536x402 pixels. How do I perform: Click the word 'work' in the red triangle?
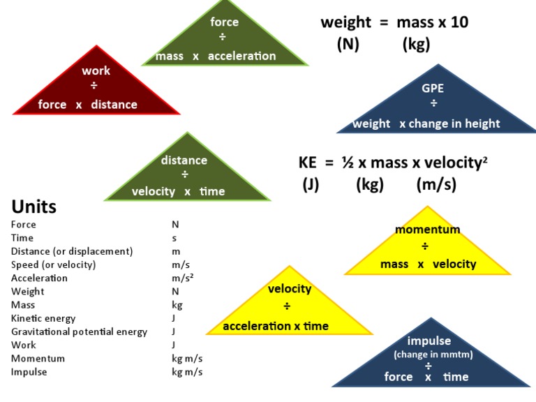click(x=96, y=70)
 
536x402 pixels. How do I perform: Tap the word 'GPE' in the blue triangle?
click(x=433, y=89)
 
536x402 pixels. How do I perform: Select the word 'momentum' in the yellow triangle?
click(x=428, y=230)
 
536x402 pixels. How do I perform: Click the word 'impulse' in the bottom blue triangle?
click(x=429, y=341)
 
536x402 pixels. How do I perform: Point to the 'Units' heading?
click(x=34, y=207)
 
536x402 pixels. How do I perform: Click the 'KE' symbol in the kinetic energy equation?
click(x=308, y=163)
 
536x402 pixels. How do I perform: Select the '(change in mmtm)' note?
click(x=433, y=355)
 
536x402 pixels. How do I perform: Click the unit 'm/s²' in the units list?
click(x=183, y=278)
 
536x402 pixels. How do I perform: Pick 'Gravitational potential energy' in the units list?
click(x=79, y=332)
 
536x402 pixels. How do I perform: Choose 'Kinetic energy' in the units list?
click(x=43, y=318)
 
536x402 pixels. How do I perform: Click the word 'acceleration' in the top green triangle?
click(x=242, y=56)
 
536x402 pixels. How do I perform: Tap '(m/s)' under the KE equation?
click(x=436, y=185)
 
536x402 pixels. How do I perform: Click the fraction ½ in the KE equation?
click(x=347, y=163)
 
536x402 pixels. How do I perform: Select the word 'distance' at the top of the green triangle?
click(x=184, y=160)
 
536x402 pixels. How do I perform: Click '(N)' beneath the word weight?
click(x=348, y=45)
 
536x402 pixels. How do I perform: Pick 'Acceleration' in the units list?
click(x=39, y=278)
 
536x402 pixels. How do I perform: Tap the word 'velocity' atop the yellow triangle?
click(x=290, y=288)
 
